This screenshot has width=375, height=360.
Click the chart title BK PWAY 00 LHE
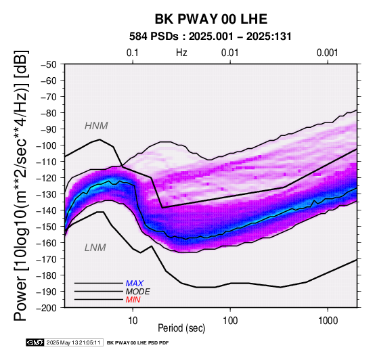pyautogui.click(x=211, y=19)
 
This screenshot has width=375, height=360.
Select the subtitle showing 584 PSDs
pyautogui.click(x=211, y=37)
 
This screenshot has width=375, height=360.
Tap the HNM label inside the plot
pyautogui.click(x=96, y=126)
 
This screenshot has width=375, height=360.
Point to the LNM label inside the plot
pyautogui.click(x=95, y=248)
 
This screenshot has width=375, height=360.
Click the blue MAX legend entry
pyautogui.click(x=135, y=284)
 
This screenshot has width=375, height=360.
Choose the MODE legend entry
pyautogui.click(x=138, y=292)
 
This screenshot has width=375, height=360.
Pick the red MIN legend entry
pyautogui.click(x=133, y=300)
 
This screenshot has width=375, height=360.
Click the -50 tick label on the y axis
pyautogui.click(x=49, y=64)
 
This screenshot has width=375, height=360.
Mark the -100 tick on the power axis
pyautogui.click(x=47, y=145)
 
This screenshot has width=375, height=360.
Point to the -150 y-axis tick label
pyautogui.click(x=47, y=227)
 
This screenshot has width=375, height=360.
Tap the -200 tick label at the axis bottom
pyautogui.click(x=47, y=308)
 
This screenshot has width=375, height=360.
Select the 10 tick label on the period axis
pyautogui.click(x=133, y=320)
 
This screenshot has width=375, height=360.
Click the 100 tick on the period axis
pyautogui.click(x=230, y=320)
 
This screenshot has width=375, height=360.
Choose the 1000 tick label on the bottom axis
pyautogui.click(x=328, y=320)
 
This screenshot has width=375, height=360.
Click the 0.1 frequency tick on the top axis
pyautogui.click(x=133, y=53)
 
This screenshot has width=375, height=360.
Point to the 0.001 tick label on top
pyautogui.click(x=328, y=53)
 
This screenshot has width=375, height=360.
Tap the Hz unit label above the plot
pyautogui.click(x=181, y=53)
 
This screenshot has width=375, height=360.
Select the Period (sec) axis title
pyautogui.click(x=181, y=328)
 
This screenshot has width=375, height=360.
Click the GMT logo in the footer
pyautogui.click(x=35, y=342)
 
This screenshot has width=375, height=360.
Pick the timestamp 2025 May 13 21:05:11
pyautogui.click(x=74, y=342)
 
